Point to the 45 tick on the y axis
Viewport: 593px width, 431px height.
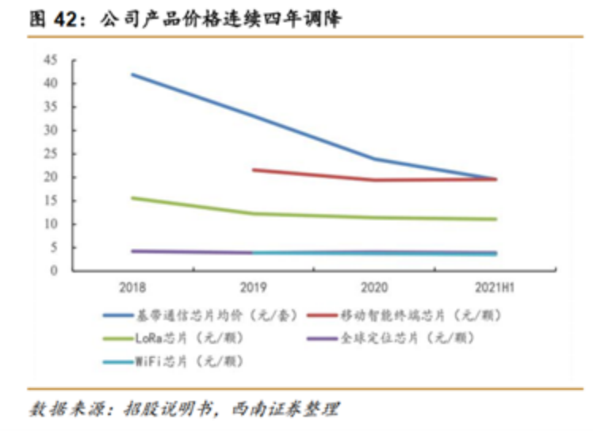pos(52,59)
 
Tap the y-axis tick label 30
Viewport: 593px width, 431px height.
pos(52,130)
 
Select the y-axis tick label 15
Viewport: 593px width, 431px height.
pos(52,200)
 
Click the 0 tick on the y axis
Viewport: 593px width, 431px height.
pos(55,271)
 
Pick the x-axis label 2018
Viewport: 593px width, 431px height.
pos(132,286)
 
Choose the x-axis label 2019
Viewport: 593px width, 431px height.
pos(253,286)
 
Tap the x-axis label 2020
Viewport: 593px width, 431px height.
pos(375,286)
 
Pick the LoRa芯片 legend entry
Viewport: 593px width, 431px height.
pos(189,338)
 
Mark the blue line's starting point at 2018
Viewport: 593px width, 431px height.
pos(132,74)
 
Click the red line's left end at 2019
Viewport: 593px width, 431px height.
pos(253,170)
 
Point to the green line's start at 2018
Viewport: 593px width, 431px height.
pos(132,197)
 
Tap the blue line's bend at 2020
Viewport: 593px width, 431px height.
pos(375,158)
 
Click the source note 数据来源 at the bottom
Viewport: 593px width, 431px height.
pos(184,410)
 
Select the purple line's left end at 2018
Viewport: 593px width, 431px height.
pos(132,251)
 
